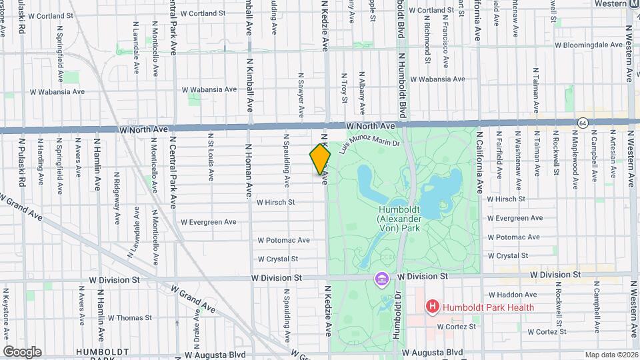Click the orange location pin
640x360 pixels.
click(321, 159)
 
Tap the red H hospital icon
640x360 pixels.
click(433, 307)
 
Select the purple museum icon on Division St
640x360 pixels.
click(381, 279)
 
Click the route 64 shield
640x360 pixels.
click(583, 123)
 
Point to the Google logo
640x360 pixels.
click(22, 351)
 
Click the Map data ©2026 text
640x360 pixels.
click(611, 355)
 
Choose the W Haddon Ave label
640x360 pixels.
click(513, 294)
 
